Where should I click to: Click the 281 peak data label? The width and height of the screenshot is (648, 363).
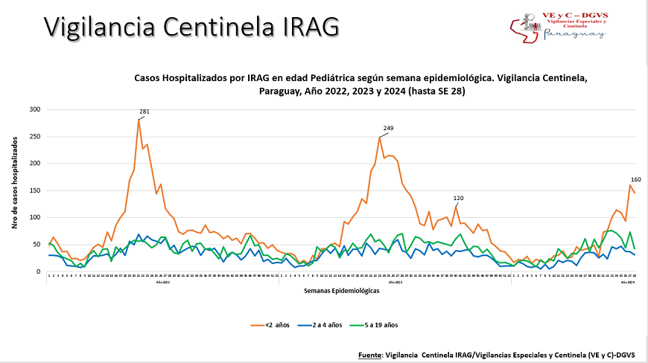(144, 112)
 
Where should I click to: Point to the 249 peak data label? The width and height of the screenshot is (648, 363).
(388, 129)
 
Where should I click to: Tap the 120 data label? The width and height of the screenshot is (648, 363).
(459, 198)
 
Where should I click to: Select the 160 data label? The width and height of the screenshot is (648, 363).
(635, 179)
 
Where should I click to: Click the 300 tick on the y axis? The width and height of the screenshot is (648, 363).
(35, 109)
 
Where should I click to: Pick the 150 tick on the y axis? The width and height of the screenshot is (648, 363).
(35, 190)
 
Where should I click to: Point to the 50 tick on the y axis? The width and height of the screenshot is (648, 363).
(36, 245)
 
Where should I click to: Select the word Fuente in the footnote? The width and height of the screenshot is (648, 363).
(370, 356)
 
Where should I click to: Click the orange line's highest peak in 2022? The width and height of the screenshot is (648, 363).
(139, 119)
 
